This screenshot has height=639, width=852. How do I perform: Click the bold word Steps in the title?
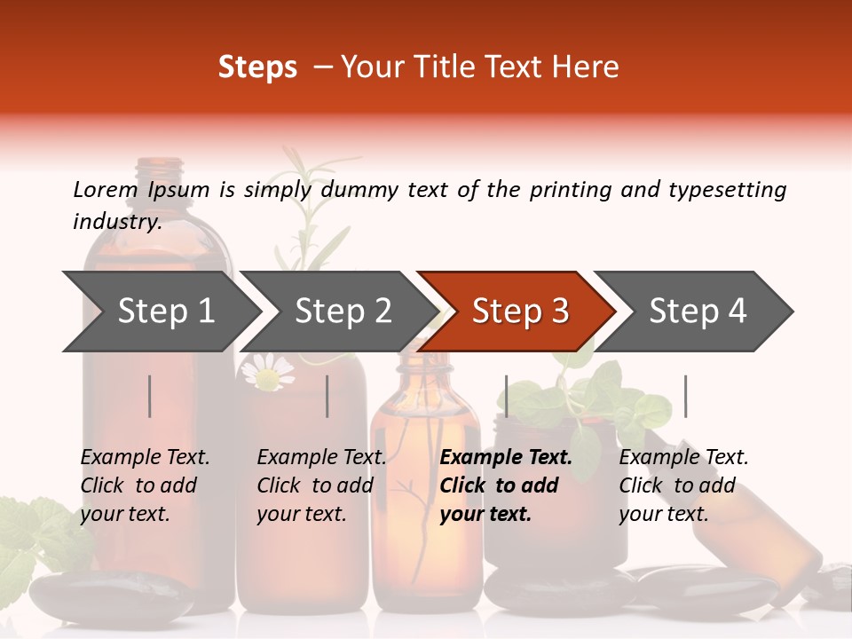[x=257, y=67]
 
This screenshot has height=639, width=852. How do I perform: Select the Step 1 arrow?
[x=162, y=312]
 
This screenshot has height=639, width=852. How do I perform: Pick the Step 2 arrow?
[x=338, y=312]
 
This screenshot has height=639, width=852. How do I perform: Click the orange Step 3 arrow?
[x=516, y=312]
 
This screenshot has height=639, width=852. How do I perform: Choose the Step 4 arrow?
[x=693, y=312]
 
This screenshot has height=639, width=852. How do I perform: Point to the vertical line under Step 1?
[x=149, y=396]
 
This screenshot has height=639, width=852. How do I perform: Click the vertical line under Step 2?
[x=327, y=396]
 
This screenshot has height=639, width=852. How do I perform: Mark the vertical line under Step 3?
[x=506, y=396]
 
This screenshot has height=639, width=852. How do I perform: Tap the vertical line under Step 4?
[x=685, y=396]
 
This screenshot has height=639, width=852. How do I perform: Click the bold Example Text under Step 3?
[x=506, y=457]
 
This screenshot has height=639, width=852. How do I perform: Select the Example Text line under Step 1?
[x=145, y=457]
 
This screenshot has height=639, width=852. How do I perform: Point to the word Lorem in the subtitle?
[x=106, y=190]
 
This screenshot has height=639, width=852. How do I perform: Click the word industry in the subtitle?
[x=117, y=221]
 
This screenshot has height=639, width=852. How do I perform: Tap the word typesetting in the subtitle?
[x=728, y=190]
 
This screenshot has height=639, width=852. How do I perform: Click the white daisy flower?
[x=267, y=372]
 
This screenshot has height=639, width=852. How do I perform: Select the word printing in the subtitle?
[x=571, y=190]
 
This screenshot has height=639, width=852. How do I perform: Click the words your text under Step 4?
[x=664, y=514]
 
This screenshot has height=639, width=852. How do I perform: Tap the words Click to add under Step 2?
[x=315, y=485]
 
